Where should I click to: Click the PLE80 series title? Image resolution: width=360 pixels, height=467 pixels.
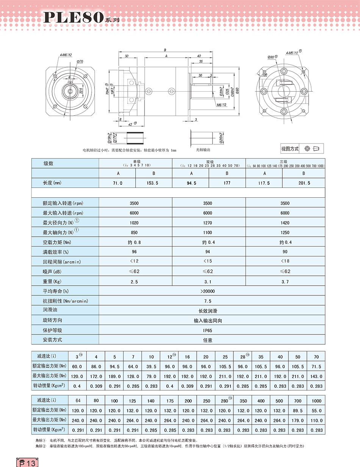(x=74, y=17)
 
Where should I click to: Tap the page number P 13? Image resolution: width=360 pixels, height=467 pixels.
(x=26, y=463)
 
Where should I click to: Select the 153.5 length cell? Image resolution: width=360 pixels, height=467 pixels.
(x=153, y=183)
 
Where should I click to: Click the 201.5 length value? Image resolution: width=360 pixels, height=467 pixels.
(x=304, y=183)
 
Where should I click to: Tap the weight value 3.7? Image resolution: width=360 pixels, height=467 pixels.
(x=285, y=282)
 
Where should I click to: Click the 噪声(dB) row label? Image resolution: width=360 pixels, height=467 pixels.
(x=53, y=272)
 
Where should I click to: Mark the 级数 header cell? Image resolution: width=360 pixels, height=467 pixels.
(x=48, y=164)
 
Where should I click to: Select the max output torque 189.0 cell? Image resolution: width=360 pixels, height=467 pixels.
(x=114, y=376)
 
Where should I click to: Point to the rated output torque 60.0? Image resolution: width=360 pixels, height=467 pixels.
(x=77, y=367)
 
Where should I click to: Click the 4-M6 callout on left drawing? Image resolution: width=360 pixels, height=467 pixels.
(x=65, y=55)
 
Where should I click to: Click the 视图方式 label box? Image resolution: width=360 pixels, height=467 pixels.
(x=290, y=149)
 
